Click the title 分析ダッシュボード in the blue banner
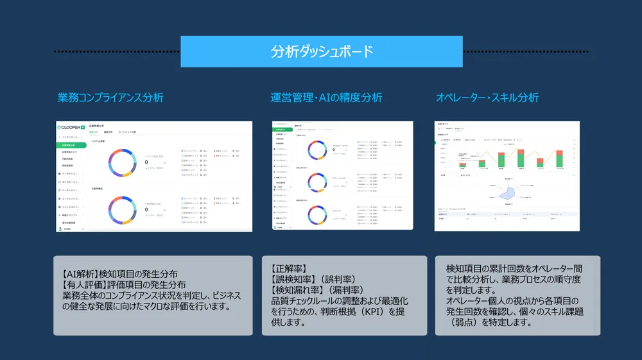click(322, 52)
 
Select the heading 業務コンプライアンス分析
click(110, 98)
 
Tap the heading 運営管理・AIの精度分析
click(326, 98)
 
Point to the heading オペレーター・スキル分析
click(487, 98)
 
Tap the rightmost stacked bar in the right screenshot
click(560, 158)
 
